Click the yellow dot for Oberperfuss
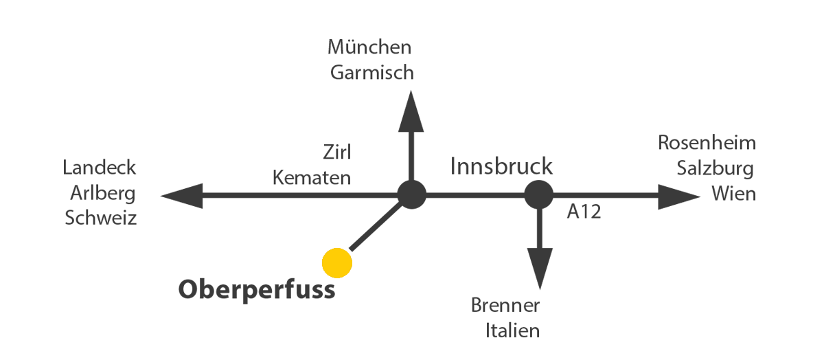(x=337, y=263)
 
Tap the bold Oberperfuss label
(x=257, y=290)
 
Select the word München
(x=369, y=47)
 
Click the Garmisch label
(x=372, y=72)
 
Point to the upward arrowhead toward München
(x=411, y=111)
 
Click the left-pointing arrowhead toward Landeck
(x=182, y=196)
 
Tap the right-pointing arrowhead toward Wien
(x=679, y=197)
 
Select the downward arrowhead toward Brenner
(x=540, y=269)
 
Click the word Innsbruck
(x=501, y=166)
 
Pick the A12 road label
(x=584, y=212)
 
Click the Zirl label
(x=337, y=152)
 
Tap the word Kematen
(x=312, y=178)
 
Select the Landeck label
(x=100, y=168)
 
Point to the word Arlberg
(x=103, y=193)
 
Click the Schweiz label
(x=101, y=218)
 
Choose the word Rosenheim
(x=707, y=142)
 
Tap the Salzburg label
(x=716, y=168)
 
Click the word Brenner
(x=505, y=305)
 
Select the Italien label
(x=513, y=330)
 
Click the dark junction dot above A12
(x=539, y=194)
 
